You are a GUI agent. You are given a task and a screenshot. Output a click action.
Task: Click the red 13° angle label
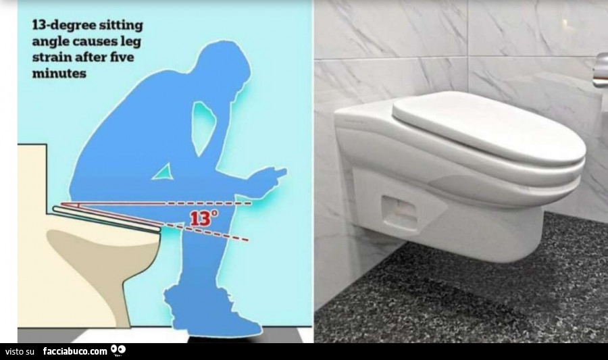tap(203, 218)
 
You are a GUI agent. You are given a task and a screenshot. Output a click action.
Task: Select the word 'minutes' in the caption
tap(59, 72)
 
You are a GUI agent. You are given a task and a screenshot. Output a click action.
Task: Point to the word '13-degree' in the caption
tap(64, 26)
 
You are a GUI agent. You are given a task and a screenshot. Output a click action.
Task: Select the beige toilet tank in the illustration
tap(32, 176)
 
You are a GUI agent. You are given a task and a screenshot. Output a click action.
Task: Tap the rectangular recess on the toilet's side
tap(400, 213)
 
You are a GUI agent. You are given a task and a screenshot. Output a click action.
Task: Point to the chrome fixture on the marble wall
tap(601, 68)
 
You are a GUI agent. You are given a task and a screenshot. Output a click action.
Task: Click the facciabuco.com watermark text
tap(75, 351)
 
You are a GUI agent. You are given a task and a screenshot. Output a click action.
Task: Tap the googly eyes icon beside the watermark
tap(118, 350)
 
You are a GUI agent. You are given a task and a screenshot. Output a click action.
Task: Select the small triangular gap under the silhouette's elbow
tap(162, 172)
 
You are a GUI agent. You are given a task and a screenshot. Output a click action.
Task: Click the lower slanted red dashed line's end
tap(248, 240)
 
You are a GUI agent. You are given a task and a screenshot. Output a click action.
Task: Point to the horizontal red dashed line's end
tap(251, 203)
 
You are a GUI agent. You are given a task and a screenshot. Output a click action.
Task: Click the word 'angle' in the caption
tap(49, 43)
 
